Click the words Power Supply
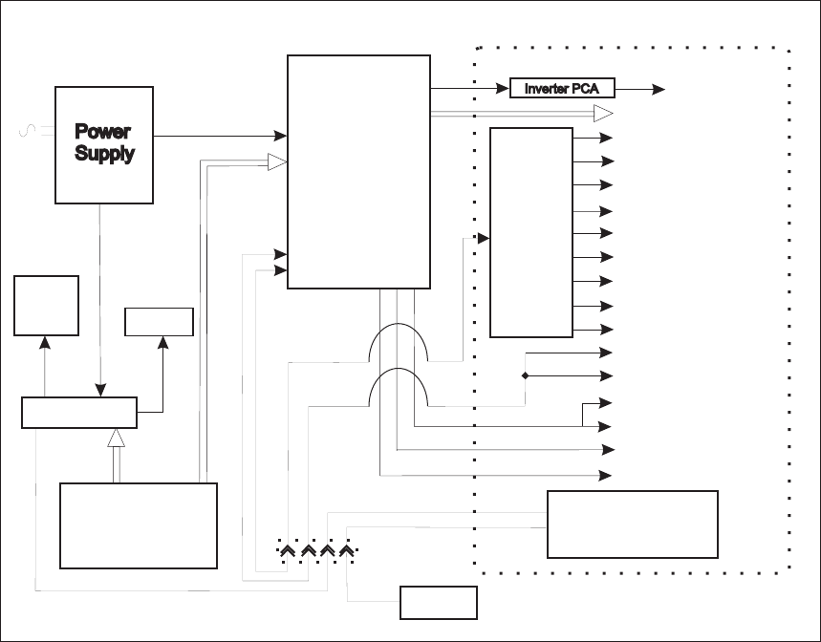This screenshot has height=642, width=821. pyautogui.click(x=103, y=142)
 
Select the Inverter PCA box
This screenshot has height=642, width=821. pyautogui.click(x=561, y=89)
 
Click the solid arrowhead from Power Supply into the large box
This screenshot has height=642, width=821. pyautogui.click(x=281, y=136)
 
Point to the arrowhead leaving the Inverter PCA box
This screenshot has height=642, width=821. pyautogui.click(x=659, y=89)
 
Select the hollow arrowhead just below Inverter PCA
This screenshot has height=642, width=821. pyautogui.click(x=602, y=114)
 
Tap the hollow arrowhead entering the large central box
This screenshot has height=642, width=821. pyautogui.click(x=277, y=162)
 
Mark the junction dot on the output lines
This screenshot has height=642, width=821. pyautogui.click(x=525, y=375)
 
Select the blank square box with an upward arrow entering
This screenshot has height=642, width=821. pyautogui.click(x=46, y=305)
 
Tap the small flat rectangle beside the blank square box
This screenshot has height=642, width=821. pyautogui.click(x=160, y=322)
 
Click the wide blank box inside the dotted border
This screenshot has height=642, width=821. pyautogui.click(x=632, y=524)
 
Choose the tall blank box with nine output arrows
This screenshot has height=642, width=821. pyautogui.click(x=530, y=231)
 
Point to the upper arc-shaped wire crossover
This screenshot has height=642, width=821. pyautogui.click(x=398, y=342)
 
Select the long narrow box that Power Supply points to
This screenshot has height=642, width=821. pyautogui.click(x=79, y=413)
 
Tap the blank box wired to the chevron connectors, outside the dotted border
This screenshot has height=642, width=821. pyautogui.click(x=438, y=602)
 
